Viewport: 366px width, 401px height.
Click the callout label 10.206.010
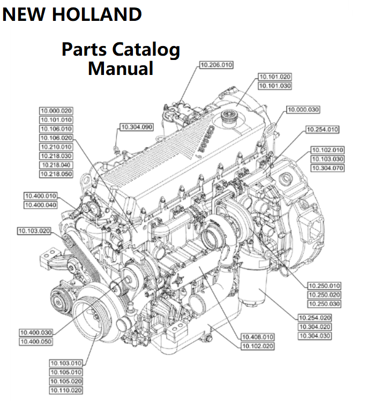(216, 65)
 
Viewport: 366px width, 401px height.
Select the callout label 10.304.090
(136, 127)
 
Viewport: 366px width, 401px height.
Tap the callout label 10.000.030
(303, 110)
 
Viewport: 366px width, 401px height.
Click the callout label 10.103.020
(34, 231)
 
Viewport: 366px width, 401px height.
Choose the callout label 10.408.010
(258, 337)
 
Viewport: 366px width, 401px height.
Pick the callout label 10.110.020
(66, 390)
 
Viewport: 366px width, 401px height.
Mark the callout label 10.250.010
(324, 286)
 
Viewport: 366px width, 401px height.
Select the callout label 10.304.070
(327, 168)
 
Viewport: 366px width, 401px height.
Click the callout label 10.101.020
(275, 77)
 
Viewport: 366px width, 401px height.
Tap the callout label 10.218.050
(56, 174)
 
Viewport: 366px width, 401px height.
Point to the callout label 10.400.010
(40, 195)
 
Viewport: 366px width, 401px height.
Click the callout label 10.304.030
(315, 336)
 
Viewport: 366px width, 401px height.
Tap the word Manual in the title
(121, 69)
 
